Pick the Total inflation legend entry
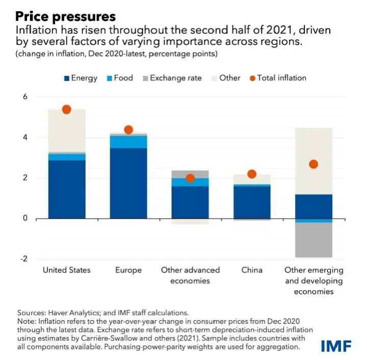coord(281,78)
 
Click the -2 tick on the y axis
coord(23,259)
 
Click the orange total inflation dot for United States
coord(66,110)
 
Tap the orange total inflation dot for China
coord(252,174)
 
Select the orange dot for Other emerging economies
coord(313,164)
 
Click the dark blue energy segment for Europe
coord(128,184)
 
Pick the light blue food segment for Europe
coord(128,142)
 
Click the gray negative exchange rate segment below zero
coord(313,240)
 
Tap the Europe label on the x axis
coord(128,270)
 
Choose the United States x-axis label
coord(66,270)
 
